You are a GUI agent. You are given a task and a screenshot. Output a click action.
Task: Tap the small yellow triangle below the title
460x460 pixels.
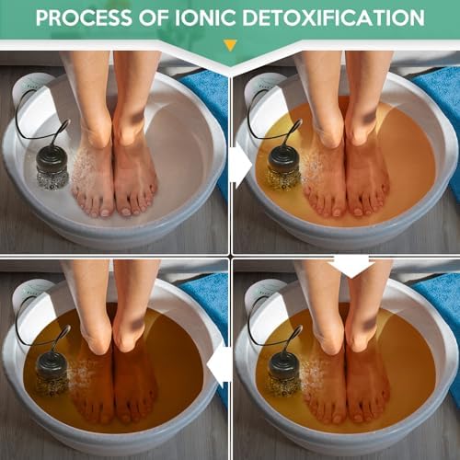[x=230, y=44]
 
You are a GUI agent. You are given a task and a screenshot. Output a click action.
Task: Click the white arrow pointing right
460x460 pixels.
[x=240, y=166]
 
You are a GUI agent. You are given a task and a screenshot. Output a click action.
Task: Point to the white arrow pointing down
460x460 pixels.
[x=351, y=264]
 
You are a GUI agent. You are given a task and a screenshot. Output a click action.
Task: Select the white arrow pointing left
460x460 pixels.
[x=219, y=365]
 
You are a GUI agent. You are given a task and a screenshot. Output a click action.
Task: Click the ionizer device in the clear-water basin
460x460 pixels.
[x=47, y=166]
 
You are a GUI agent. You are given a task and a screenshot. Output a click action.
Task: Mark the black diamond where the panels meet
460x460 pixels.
[x=230, y=256]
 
